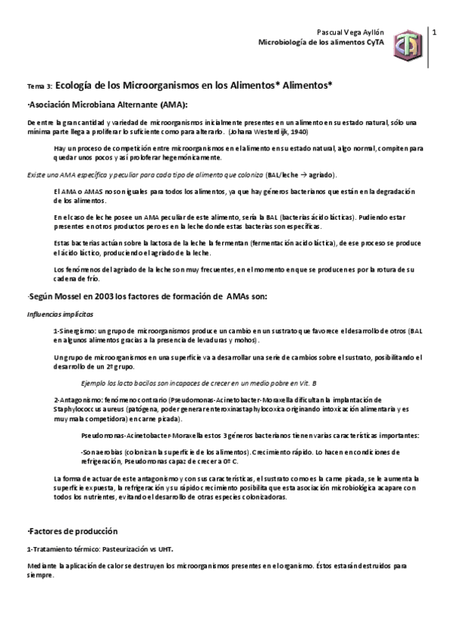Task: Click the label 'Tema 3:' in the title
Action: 39,87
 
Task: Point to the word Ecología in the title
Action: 78,86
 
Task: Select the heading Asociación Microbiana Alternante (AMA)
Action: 108,104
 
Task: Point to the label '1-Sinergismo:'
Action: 75,331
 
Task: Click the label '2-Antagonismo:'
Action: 78,400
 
